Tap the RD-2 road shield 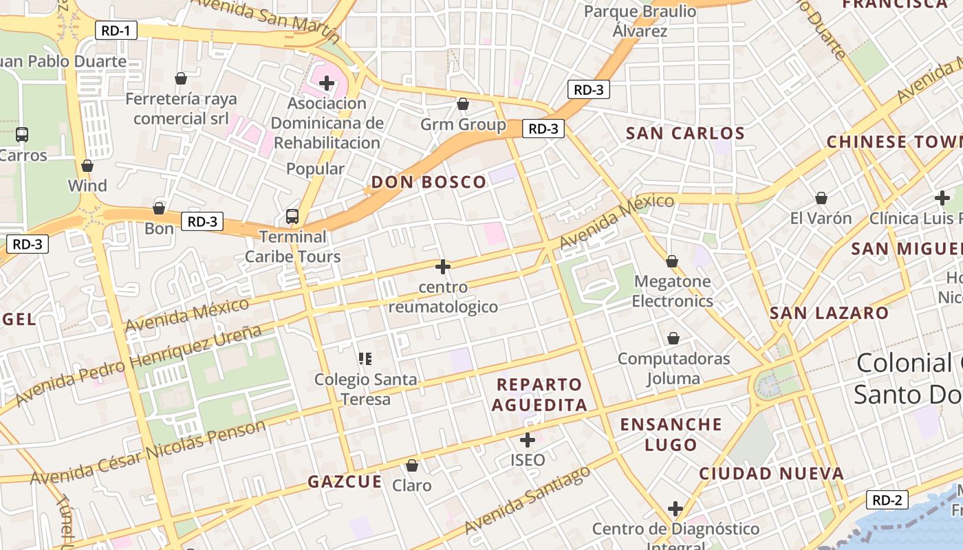887,500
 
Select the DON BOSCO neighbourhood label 429,182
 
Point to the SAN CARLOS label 685,133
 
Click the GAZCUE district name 345,482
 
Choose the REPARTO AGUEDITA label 539,395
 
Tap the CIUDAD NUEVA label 771,474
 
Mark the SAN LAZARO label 829,313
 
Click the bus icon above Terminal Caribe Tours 292,217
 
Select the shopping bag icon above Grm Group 463,104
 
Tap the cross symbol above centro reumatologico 443,266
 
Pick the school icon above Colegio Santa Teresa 365,358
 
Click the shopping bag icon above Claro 412,465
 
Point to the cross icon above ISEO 528,439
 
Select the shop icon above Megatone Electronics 672,261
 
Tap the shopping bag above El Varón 821,198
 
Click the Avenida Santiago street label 528,500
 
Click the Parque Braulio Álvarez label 640,21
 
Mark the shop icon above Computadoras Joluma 673,338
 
